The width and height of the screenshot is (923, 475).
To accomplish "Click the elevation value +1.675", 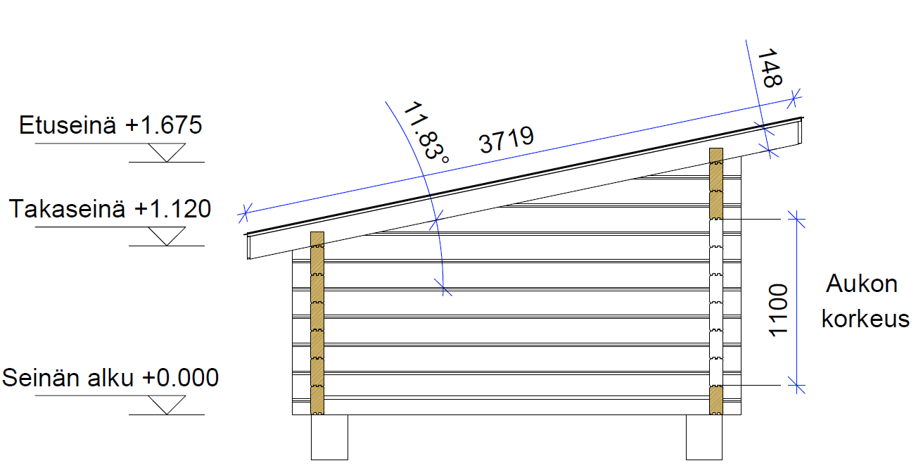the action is pos(164,125).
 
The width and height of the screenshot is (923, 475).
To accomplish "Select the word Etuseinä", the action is pos(68,125).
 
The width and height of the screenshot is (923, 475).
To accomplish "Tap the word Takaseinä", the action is pos(67,208).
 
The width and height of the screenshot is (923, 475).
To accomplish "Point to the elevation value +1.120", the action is pos(172,208).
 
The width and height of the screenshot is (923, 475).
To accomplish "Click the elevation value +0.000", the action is pos(180,378).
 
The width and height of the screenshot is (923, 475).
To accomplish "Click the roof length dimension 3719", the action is pos(507,139).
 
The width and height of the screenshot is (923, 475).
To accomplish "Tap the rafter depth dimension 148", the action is pos(770,68).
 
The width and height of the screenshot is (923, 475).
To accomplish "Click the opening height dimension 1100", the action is pos(778,310).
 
